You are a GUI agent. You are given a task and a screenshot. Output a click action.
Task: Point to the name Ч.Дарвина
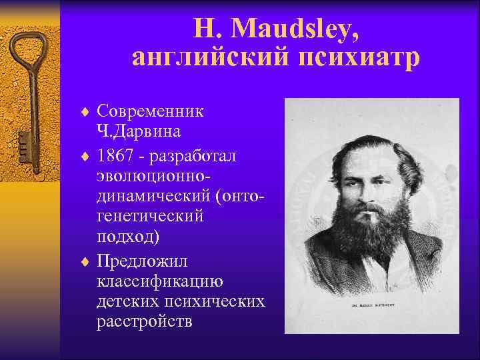pos(138,131)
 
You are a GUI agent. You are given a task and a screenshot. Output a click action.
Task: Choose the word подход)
pos(127,238)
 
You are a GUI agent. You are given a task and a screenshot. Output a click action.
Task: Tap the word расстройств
pos(144,322)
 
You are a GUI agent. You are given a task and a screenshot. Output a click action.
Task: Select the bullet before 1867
pos(85,155)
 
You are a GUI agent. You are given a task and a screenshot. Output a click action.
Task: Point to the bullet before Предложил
pos(85,260)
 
